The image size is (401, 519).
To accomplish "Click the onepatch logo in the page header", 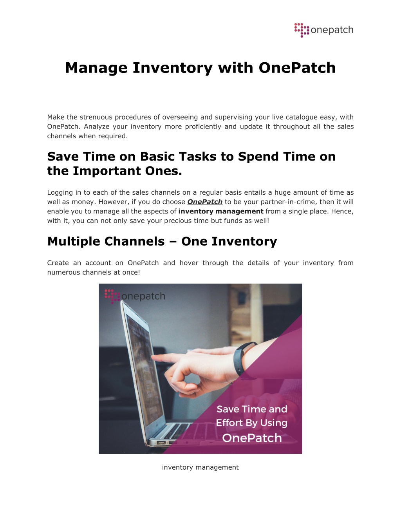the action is click(x=324, y=30).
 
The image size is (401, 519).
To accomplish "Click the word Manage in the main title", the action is click(x=96, y=68).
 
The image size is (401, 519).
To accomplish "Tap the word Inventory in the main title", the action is click(x=173, y=68).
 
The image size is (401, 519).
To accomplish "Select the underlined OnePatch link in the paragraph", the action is click(x=205, y=202).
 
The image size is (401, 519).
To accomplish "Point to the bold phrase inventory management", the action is click(x=221, y=212).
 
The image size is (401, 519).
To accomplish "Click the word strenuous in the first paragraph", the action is click(x=96, y=117).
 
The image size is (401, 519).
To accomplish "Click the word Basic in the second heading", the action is click(x=157, y=157).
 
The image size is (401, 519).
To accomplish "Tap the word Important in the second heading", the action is click(x=107, y=171).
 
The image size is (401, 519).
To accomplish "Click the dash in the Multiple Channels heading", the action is click(x=173, y=242).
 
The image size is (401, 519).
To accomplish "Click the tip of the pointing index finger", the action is click(x=152, y=357).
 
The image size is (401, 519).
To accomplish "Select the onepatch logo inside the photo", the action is click(x=135, y=297).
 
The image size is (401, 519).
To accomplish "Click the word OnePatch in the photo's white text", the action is click(x=252, y=438).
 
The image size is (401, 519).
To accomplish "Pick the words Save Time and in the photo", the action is click(x=252, y=409).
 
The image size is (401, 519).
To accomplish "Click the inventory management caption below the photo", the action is click(x=200, y=467).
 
